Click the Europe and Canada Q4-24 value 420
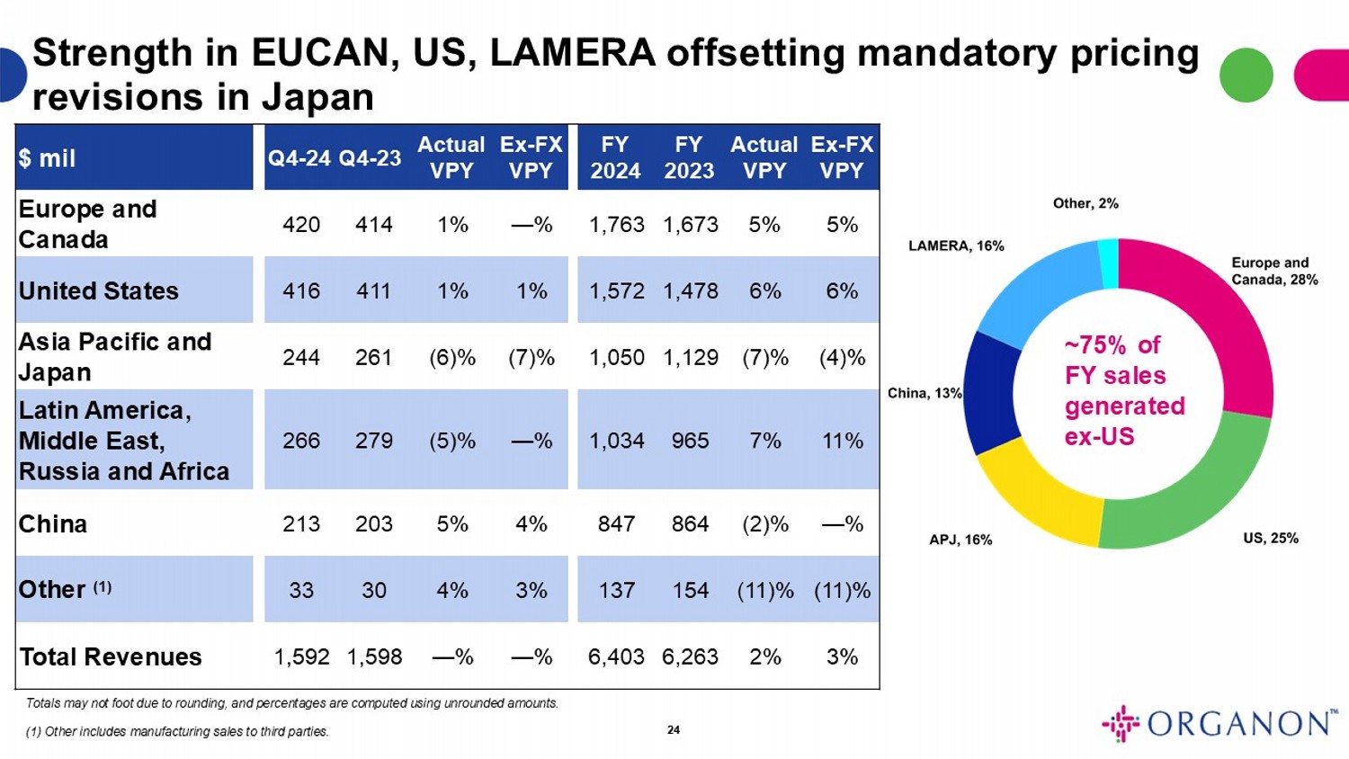[x=300, y=225]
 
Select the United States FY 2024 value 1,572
[x=616, y=291]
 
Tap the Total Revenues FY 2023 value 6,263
[x=690, y=657]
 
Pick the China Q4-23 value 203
[x=373, y=524]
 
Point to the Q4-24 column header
[x=299, y=158]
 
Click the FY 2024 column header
[x=615, y=157]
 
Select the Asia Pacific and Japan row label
[x=115, y=356]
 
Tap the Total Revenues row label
[x=111, y=657]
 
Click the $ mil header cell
[x=47, y=158]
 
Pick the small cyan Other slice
[x=1109, y=263]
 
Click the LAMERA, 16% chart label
[x=956, y=246]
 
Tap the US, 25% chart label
[x=1271, y=538]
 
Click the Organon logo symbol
[x=1121, y=723]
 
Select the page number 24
[x=674, y=729]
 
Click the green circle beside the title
[x=1246, y=75]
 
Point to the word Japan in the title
[x=318, y=97]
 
